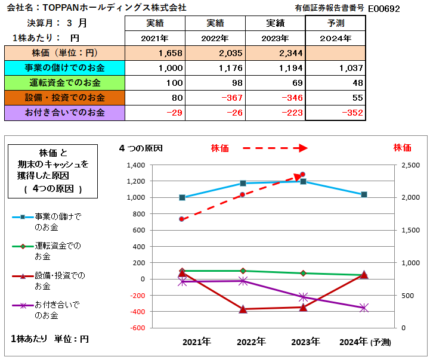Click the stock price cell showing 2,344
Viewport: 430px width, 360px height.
pyautogui.click(x=287, y=53)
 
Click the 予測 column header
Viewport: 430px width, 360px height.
pyautogui.click(x=335, y=23)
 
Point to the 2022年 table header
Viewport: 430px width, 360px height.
pyautogui.click(x=215, y=38)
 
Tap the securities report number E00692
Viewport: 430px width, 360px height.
pyautogui.click(x=383, y=9)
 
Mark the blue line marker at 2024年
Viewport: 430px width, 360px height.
pyautogui.click(x=364, y=194)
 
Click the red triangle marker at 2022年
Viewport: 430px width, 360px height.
pyautogui.click(x=243, y=309)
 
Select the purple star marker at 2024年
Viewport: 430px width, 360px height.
pyautogui.click(x=364, y=308)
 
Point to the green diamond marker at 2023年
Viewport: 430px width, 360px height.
pyautogui.click(x=303, y=273)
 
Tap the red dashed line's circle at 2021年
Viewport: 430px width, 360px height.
pyautogui.click(x=182, y=219)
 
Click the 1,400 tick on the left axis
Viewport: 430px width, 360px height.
pyautogui.click(x=137, y=165)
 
